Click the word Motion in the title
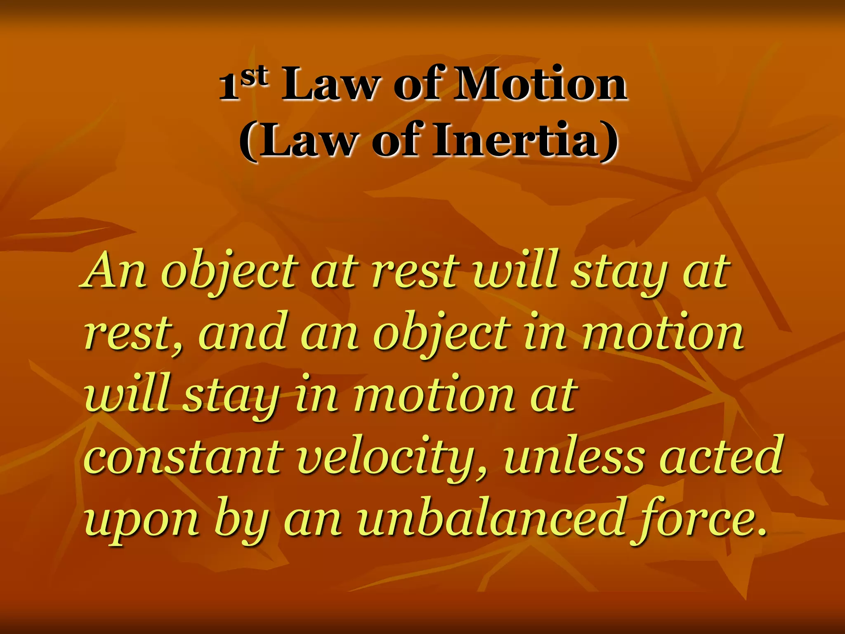540,85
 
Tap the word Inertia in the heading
515,140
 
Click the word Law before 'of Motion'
329,85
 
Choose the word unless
574,457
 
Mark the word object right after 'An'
229,272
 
